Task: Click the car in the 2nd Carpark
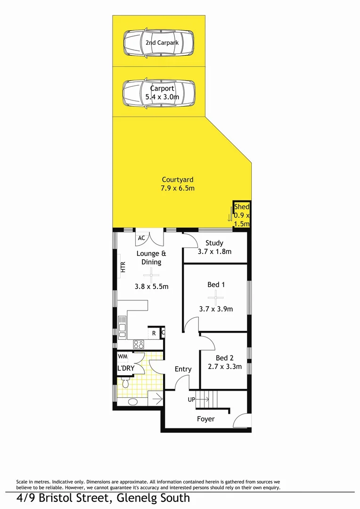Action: [158, 43]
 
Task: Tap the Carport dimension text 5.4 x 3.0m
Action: [162, 97]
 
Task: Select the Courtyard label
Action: [178, 180]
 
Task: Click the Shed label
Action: [242, 207]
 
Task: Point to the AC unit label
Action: [141, 238]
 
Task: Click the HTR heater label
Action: [123, 268]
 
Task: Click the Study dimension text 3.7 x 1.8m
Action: [214, 252]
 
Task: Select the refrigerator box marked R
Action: [154, 333]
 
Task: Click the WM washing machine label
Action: [123, 356]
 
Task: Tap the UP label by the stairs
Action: [192, 400]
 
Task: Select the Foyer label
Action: [205, 419]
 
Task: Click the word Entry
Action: [183, 369]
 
